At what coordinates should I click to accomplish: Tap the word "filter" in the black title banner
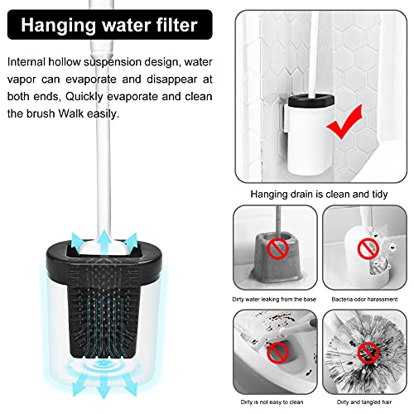pyautogui.click(x=176, y=25)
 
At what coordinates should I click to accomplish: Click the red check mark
pyautogui.click(x=345, y=122)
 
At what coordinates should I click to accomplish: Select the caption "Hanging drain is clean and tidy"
pyautogui.click(x=319, y=195)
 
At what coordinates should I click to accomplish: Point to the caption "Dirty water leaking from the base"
pyautogui.click(x=274, y=299)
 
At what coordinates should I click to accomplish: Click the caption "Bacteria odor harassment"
pyautogui.click(x=364, y=299)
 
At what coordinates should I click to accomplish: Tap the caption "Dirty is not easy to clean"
pyautogui.click(x=272, y=402)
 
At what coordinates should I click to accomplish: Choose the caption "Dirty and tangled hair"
pyautogui.click(x=364, y=402)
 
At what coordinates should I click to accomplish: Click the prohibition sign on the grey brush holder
pyautogui.click(x=278, y=249)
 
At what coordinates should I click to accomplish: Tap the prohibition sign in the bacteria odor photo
pyautogui.click(x=368, y=249)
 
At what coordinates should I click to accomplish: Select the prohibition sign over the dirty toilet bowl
pyautogui.click(x=277, y=353)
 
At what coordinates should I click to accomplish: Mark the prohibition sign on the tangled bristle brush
pyautogui.click(x=368, y=353)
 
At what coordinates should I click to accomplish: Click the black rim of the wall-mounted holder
pyautogui.click(x=310, y=99)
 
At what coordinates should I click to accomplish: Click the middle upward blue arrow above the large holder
pyautogui.click(x=104, y=241)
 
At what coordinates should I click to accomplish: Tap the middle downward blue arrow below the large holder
pyautogui.click(x=103, y=386)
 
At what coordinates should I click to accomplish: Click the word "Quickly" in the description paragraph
pyautogui.click(x=84, y=97)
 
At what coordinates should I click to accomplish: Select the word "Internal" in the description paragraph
pyautogui.click(x=26, y=62)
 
